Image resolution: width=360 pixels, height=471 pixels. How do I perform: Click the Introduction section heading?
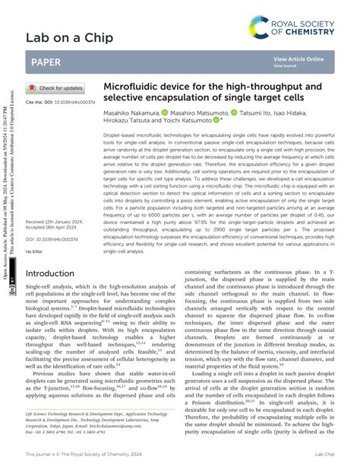point(55,273)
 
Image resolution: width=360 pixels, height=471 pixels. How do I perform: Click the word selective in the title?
point(129,99)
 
